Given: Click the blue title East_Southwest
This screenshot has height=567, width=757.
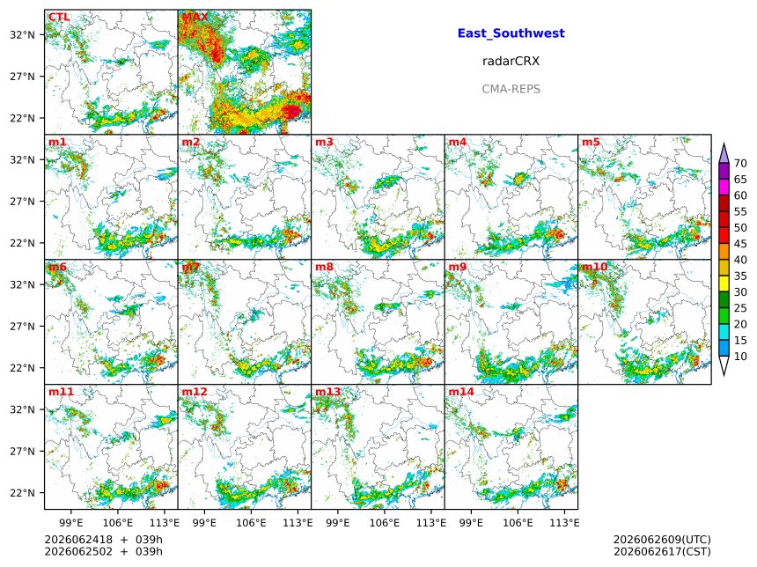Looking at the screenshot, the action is coord(511,33).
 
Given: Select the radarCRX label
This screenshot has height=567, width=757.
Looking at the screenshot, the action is coord(511,62).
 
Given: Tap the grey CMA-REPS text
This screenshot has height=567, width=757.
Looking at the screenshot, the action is coord(511,89).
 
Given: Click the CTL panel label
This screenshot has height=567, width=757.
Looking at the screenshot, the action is coord(59,18).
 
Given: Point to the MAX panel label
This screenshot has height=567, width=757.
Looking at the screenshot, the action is coord(195,18).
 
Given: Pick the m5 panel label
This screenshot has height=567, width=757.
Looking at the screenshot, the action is coord(591,142).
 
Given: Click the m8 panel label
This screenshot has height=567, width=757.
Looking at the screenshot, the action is coord(324,267).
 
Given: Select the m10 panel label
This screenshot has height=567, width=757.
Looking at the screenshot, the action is coord(594,267).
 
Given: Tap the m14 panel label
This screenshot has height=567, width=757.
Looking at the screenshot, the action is coord(461,392).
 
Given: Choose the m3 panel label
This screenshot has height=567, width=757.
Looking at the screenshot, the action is coord(324,142).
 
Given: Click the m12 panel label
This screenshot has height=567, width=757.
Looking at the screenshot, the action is coord(194,392).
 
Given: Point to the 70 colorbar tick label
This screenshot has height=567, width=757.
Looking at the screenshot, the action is coord(740,164).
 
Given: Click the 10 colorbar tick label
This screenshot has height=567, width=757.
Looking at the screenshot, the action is coord(740,357).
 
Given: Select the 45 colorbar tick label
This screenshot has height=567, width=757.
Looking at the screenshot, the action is coord(740,244).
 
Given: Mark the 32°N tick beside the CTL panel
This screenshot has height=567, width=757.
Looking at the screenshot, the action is coord(22,35).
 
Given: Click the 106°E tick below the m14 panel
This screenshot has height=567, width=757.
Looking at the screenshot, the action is coord(518,523).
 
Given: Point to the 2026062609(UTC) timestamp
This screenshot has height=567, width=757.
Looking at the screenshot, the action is coord(662,540).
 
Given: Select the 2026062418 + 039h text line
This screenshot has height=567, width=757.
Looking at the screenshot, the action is coord(103,540).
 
